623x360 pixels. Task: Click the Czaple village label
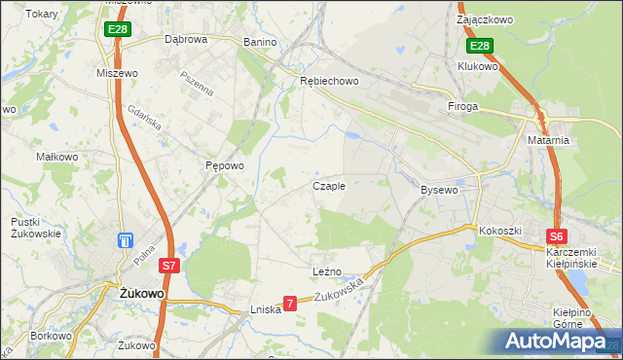(328, 186)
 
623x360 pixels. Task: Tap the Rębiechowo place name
(329, 82)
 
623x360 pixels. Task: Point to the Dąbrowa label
(186, 40)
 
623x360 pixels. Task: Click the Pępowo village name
(224, 165)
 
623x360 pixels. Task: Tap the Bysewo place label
(439, 190)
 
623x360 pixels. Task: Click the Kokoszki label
(500, 231)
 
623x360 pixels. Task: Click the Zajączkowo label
(485, 18)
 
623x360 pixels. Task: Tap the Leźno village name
(326, 270)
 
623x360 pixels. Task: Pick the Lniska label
(265, 309)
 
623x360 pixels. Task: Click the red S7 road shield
(169, 265)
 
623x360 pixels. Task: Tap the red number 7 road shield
(289, 304)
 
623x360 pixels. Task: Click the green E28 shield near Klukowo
(480, 46)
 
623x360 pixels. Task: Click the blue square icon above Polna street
(125, 240)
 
